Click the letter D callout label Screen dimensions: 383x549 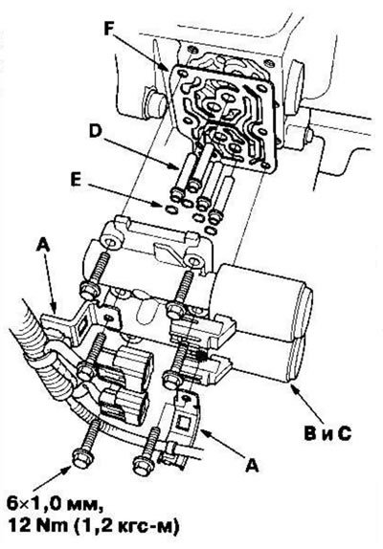click(x=96, y=131)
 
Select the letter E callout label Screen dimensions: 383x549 click(x=75, y=181)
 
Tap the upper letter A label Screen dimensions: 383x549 click(x=43, y=245)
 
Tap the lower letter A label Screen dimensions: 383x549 click(x=252, y=466)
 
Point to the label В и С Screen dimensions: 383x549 click(x=327, y=434)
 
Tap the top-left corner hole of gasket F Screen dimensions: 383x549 click(x=182, y=74)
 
